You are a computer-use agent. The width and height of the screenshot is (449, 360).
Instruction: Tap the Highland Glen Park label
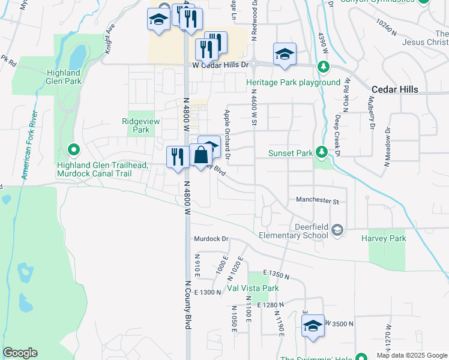63,77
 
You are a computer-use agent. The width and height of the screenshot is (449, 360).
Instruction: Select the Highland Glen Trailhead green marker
74,149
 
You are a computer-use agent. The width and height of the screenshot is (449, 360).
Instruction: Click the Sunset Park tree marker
322,153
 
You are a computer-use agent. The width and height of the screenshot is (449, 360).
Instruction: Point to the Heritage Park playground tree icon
324,66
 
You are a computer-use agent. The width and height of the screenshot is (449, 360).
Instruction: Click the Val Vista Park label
253,288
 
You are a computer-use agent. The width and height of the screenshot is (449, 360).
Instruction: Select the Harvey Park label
384,238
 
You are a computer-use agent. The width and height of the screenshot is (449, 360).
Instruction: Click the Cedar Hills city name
394,89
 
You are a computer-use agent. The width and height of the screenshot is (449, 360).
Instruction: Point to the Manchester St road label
318,200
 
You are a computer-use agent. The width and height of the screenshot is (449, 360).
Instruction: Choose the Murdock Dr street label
211,239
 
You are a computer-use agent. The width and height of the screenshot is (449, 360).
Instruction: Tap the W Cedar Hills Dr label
220,65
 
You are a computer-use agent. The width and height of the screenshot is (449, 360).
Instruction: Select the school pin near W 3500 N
313,326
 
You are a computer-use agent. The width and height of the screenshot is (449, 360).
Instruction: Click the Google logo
20,353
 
